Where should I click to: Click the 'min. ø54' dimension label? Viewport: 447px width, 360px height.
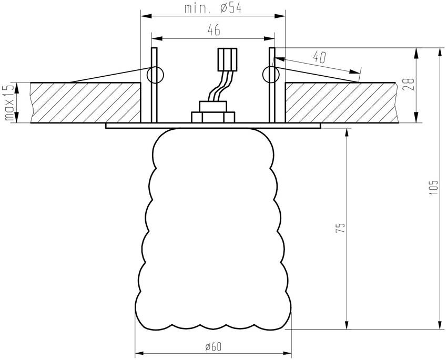[213, 9]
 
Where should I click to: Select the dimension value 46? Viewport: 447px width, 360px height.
[213, 31]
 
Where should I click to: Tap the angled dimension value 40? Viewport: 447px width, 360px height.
[319, 57]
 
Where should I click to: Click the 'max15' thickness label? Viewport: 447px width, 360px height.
[9, 103]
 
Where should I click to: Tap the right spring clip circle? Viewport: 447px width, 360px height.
[271, 75]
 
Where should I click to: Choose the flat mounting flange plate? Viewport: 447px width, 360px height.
[213, 126]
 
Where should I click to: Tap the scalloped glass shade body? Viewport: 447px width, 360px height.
[213, 231]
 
